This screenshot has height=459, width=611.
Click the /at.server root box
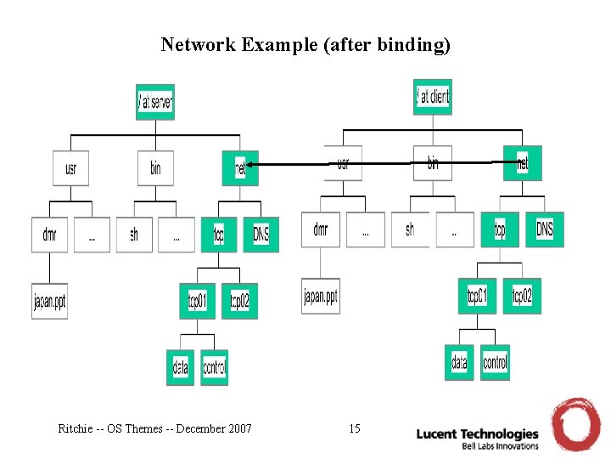pyautogui.click(x=155, y=102)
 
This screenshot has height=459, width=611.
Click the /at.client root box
pyautogui.click(x=433, y=97)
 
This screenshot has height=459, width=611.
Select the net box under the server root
pyautogui.click(x=240, y=168)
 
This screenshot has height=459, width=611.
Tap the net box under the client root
pyautogui.click(x=522, y=163)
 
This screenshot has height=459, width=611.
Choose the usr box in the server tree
pyautogui.click(x=70, y=168)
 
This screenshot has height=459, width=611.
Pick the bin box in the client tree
pyautogui.click(x=433, y=163)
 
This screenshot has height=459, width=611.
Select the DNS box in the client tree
pyautogui.click(x=544, y=229)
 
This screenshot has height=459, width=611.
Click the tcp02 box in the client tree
pyautogui.click(x=522, y=296)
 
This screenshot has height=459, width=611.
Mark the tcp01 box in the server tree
pyautogui.click(x=198, y=301)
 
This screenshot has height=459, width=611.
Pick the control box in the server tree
pyautogui.click(x=215, y=367)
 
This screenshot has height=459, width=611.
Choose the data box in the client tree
pyautogui.click(x=459, y=362)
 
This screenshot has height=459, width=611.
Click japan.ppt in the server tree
pyautogui.click(x=49, y=301)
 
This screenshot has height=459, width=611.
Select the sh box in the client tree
pyautogui.click(x=410, y=229)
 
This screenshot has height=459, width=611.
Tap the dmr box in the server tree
pyautogui.click(x=49, y=235)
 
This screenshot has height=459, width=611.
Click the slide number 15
pyautogui.click(x=355, y=428)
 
